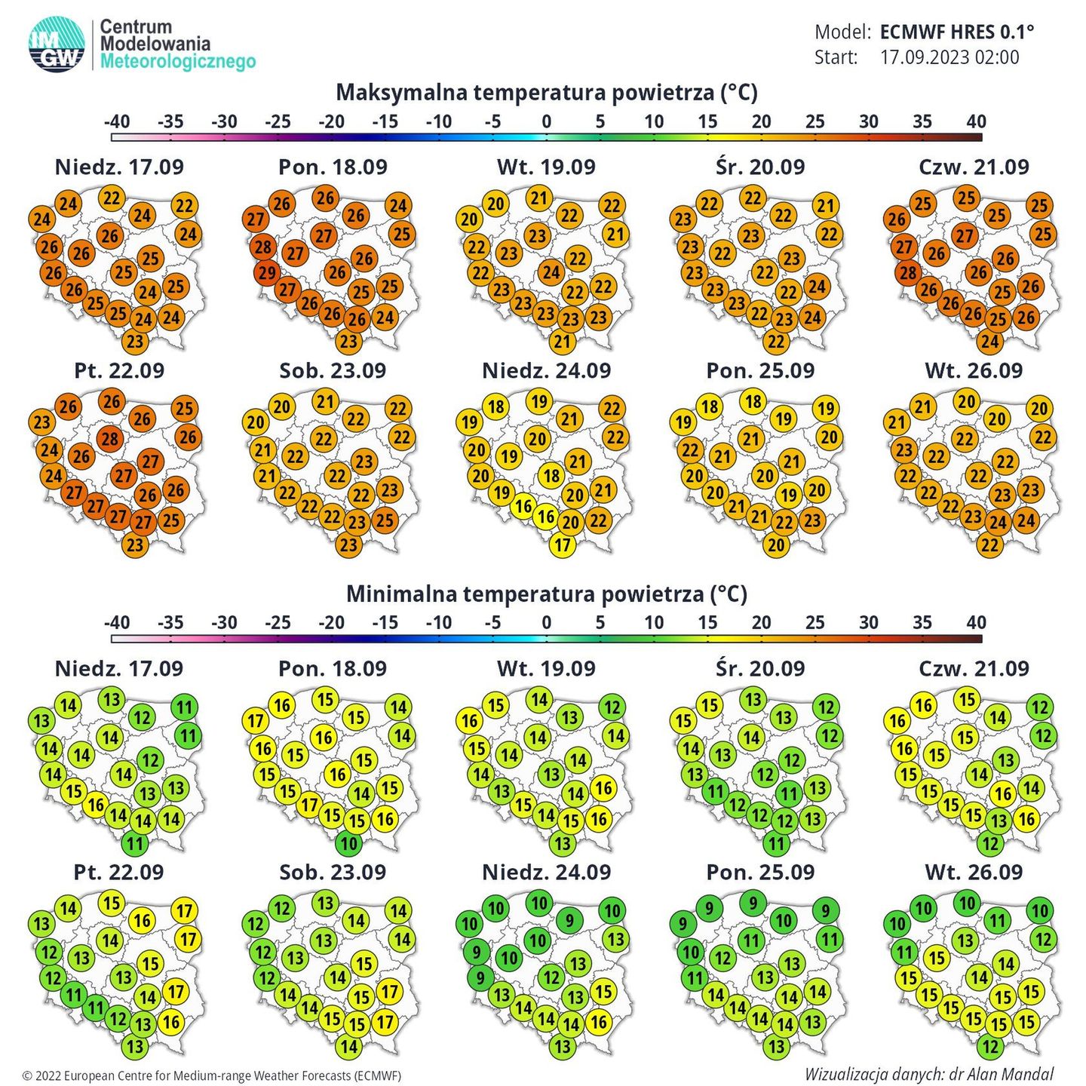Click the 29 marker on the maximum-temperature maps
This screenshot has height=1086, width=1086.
pos(266,272)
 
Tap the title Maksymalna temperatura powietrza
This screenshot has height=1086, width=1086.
pos(546,93)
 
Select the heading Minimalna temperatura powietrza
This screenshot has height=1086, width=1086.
pos(546,594)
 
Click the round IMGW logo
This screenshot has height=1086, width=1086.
pos(57,45)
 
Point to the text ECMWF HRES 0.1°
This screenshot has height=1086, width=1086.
pos(956,32)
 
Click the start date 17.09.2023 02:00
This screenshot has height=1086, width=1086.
pos(949,57)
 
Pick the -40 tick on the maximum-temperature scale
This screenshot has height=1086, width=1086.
pos(116,122)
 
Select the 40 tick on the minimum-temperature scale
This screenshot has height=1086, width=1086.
pos(976,623)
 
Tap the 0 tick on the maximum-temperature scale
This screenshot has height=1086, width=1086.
pos(546,122)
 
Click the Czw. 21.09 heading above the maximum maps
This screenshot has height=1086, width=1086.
pos(974,167)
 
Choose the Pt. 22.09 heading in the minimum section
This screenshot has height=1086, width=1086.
pos(119,873)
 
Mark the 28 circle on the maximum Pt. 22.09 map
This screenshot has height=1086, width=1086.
pos(110,439)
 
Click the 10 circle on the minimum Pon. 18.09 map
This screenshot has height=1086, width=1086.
pos(348,842)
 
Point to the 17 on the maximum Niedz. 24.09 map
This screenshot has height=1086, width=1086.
pos(563,545)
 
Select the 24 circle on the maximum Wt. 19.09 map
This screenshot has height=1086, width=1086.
pos(551,272)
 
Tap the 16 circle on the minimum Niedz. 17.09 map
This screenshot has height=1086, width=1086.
pos(96,805)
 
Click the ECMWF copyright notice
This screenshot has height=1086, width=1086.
pos(212,1075)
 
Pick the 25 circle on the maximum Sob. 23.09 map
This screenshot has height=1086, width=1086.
pos(385,520)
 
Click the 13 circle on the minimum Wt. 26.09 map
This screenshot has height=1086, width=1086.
pos(966,940)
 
